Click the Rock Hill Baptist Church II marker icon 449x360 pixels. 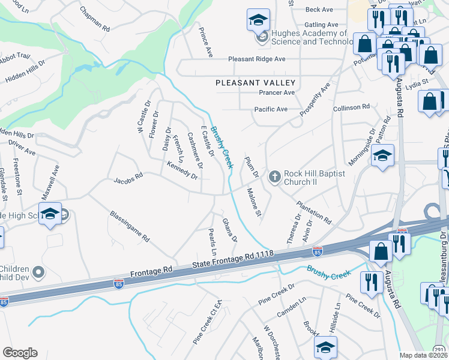click(x=275, y=176)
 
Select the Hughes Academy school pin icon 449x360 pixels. click(x=258, y=22)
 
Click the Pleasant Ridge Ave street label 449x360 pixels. click(x=256, y=59)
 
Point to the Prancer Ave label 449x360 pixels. click(x=277, y=93)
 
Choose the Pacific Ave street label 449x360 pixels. click(x=271, y=109)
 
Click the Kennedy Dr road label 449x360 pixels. click(x=182, y=170)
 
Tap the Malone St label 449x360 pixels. click(x=255, y=202)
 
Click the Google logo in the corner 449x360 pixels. click(x=20, y=353)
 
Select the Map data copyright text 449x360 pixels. click(x=424, y=355)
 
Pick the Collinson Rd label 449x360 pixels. click(x=351, y=107)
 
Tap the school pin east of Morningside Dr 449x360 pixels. click(x=382, y=156)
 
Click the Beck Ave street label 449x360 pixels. click(x=319, y=10)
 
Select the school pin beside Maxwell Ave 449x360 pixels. click(x=51, y=214)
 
